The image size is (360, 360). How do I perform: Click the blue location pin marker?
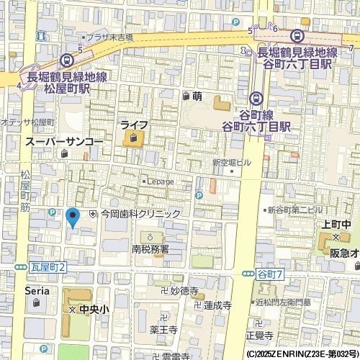[71, 217]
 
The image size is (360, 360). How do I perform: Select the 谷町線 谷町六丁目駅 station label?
[256, 120]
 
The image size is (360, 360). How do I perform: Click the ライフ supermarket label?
[134, 125]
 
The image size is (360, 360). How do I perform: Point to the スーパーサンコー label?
[63, 142]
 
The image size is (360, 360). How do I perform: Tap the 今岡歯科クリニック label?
[140, 214]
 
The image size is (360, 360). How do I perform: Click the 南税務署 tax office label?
[150, 249]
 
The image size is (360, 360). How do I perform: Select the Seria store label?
[37, 290]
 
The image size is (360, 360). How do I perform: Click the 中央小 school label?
[94, 309]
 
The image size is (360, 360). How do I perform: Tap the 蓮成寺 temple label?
[217, 305]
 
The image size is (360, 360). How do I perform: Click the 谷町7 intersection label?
[271, 274]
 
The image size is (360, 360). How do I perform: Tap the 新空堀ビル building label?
[230, 163]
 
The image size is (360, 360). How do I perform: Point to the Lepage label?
[160, 181]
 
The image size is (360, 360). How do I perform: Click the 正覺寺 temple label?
[259, 336]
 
